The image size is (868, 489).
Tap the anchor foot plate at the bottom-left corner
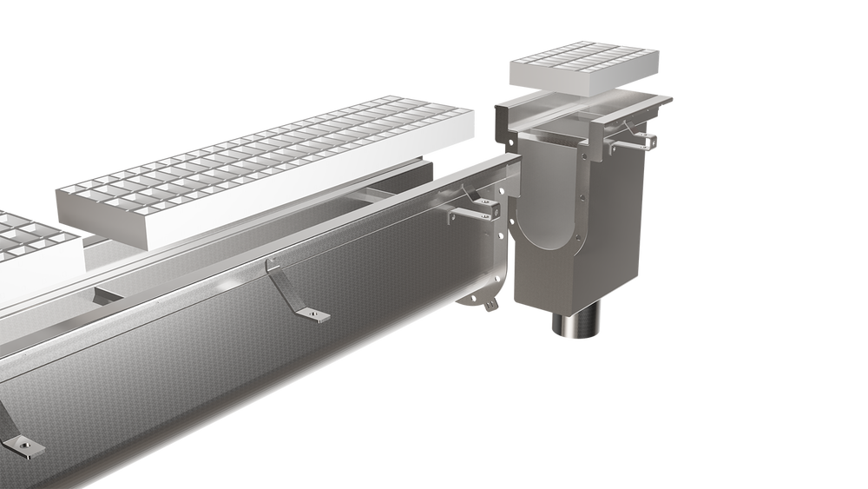(23, 446)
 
